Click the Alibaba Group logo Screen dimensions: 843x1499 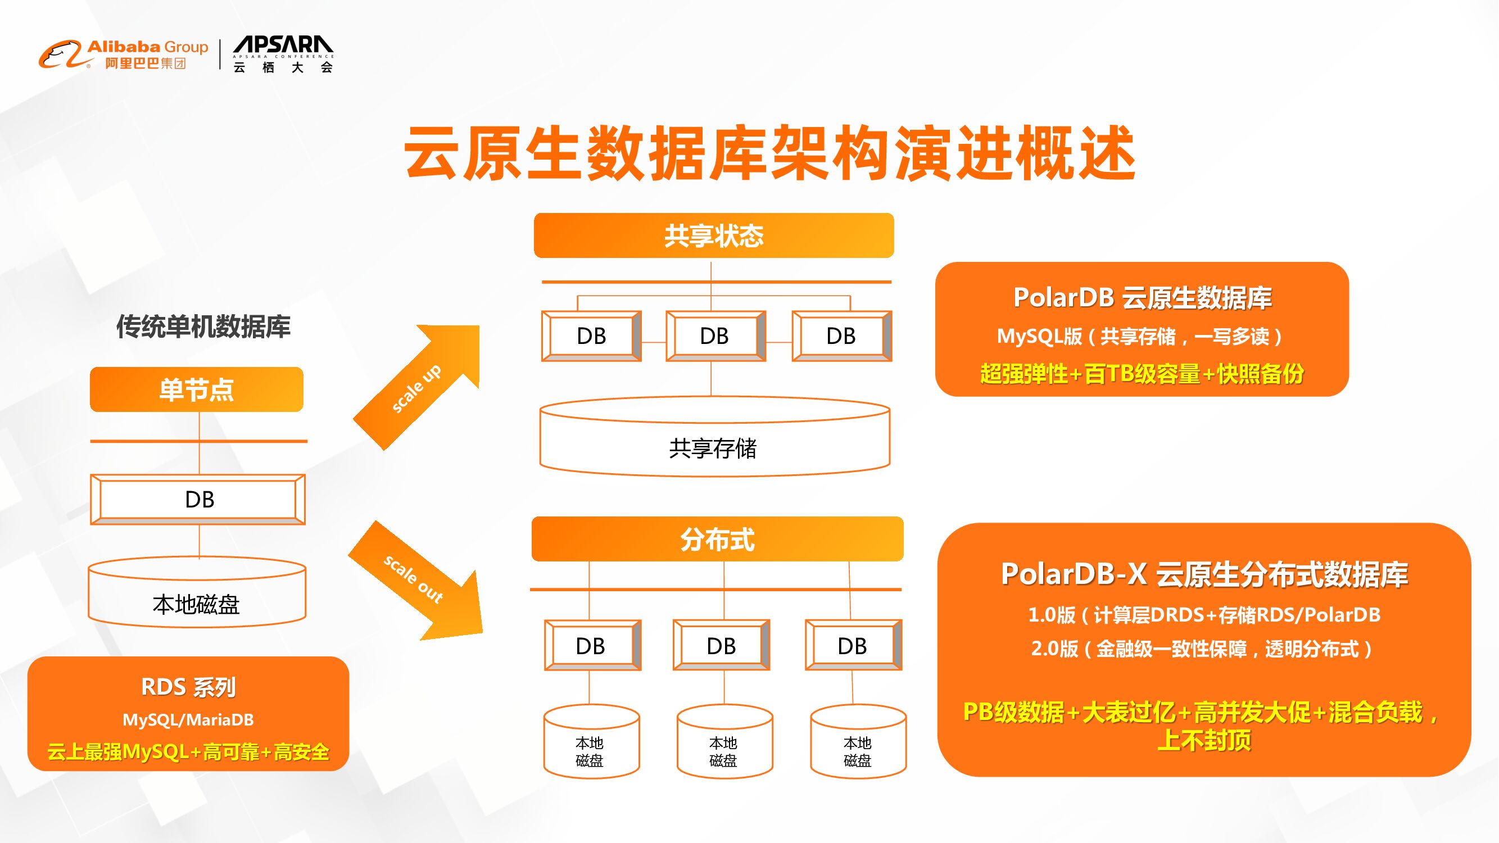tap(123, 55)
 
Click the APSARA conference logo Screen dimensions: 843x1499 tap(283, 55)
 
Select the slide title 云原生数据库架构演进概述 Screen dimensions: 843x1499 tap(769, 153)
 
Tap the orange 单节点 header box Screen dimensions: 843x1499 tap(197, 390)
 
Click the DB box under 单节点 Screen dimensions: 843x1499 tap(198, 500)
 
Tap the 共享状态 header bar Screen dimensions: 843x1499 tap(714, 235)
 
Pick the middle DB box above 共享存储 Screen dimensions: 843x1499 tap(714, 336)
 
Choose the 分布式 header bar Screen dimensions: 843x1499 tap(717, 540)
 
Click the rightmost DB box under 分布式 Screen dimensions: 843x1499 tap(853, 646)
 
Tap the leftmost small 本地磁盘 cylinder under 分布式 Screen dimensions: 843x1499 tap(591, 745)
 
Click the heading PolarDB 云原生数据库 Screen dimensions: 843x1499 tap(1142, 298)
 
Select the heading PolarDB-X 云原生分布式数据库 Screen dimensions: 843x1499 tap(1204, 574)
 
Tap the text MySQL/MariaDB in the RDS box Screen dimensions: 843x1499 tap(188, 720)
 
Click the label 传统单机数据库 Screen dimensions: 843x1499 tap(203, 327)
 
